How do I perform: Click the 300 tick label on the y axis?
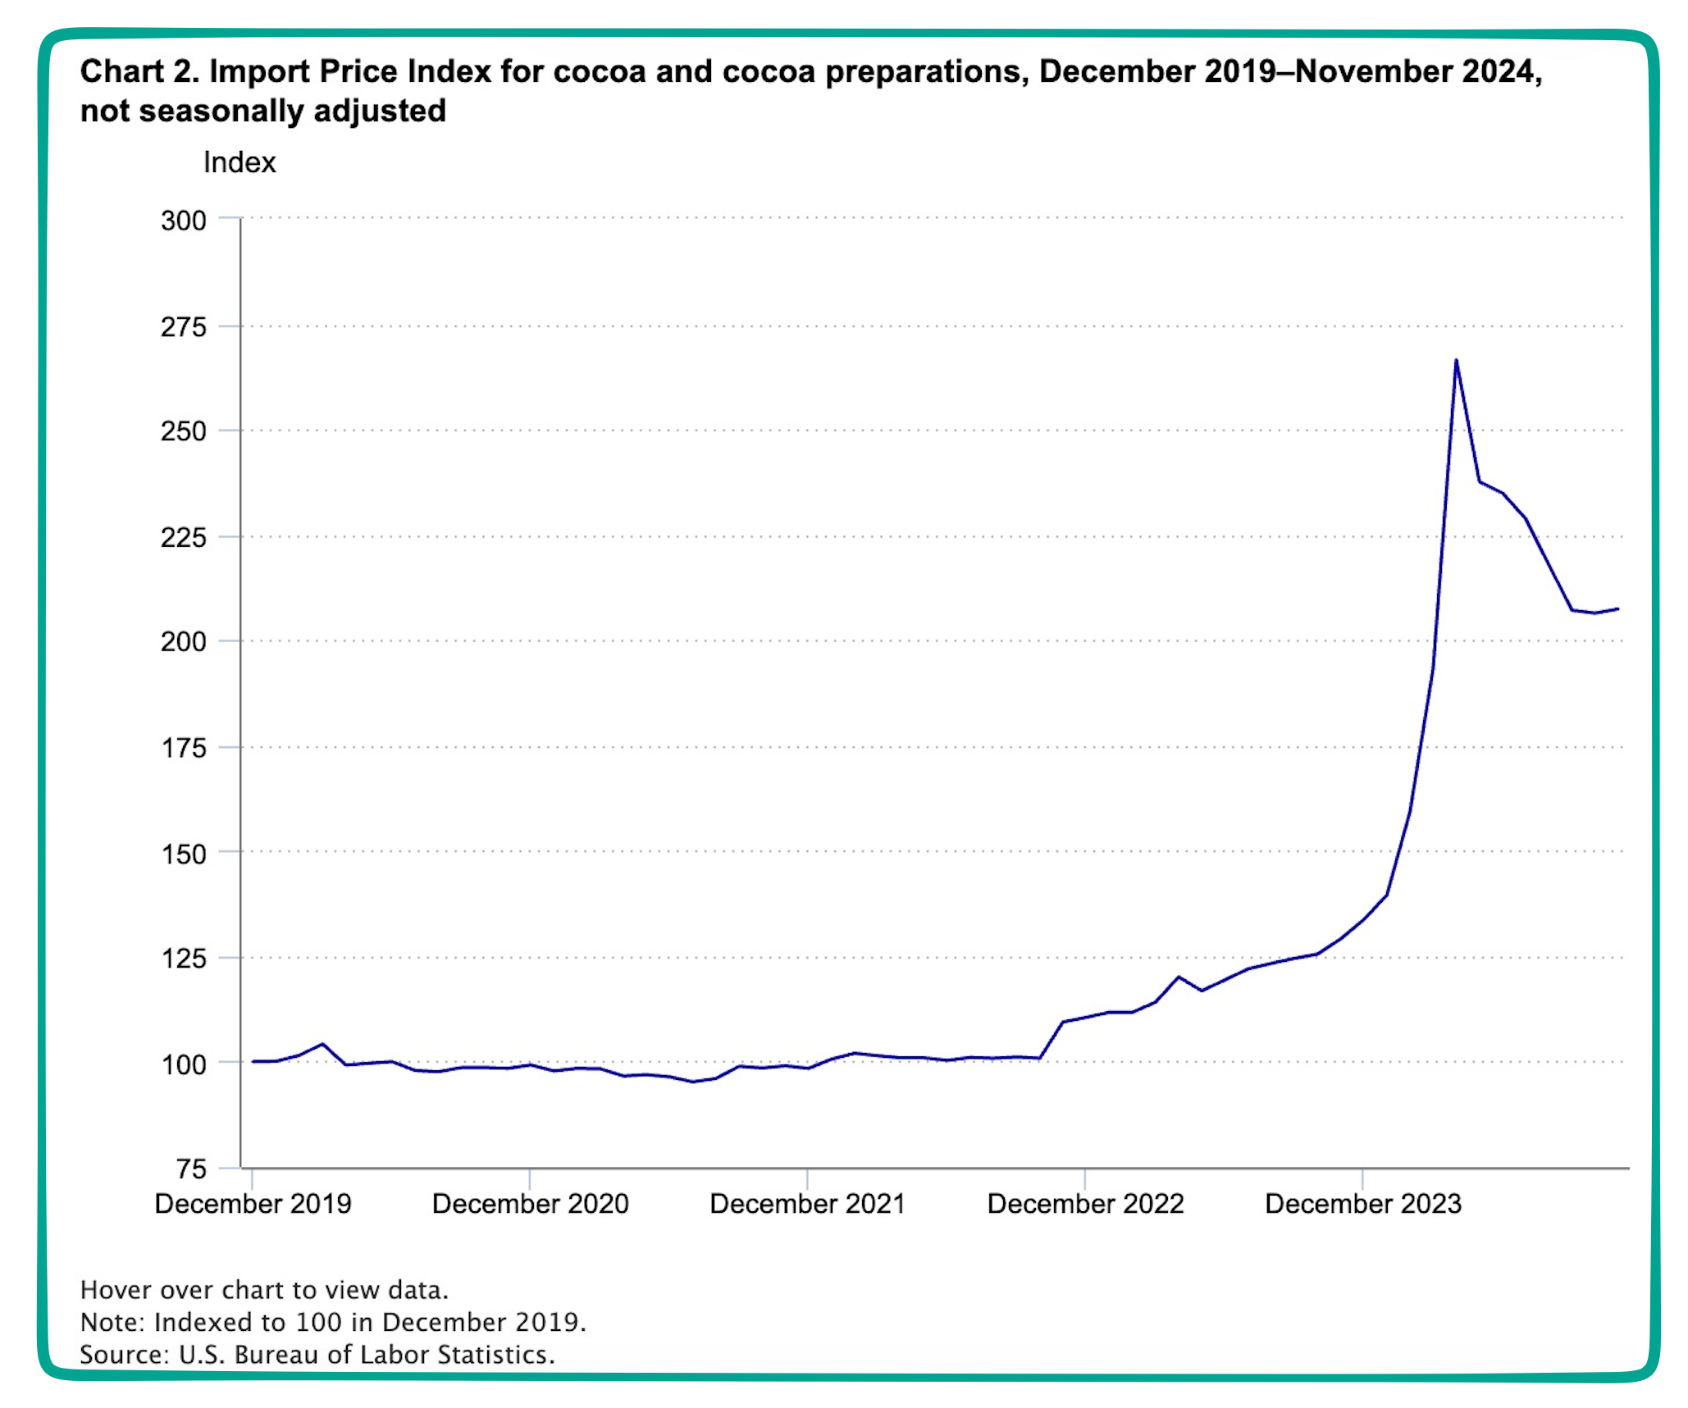(184, 221)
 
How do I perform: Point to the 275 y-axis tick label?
(184, 327)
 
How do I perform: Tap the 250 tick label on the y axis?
(184, 431)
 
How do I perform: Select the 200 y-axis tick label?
(184, 641)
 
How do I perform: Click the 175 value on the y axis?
(184, 748)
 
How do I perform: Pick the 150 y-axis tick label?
(184, 854)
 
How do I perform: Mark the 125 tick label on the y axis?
(184, 958)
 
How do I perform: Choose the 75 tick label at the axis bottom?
(191, 1169)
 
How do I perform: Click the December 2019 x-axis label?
(253, 1204)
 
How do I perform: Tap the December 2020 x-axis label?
(530, 1204)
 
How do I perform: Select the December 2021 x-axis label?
(807, 1204)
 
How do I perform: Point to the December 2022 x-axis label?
(1085, 1204)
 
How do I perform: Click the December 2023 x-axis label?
(1363, 1204)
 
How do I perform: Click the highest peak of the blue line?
(1456, 359)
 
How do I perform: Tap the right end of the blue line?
(1618, 608)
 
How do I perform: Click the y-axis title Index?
(240, 162)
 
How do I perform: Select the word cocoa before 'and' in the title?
(599, 72)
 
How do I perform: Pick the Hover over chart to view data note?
(264, 1290)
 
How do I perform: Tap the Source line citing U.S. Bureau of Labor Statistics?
(317, 1354)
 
